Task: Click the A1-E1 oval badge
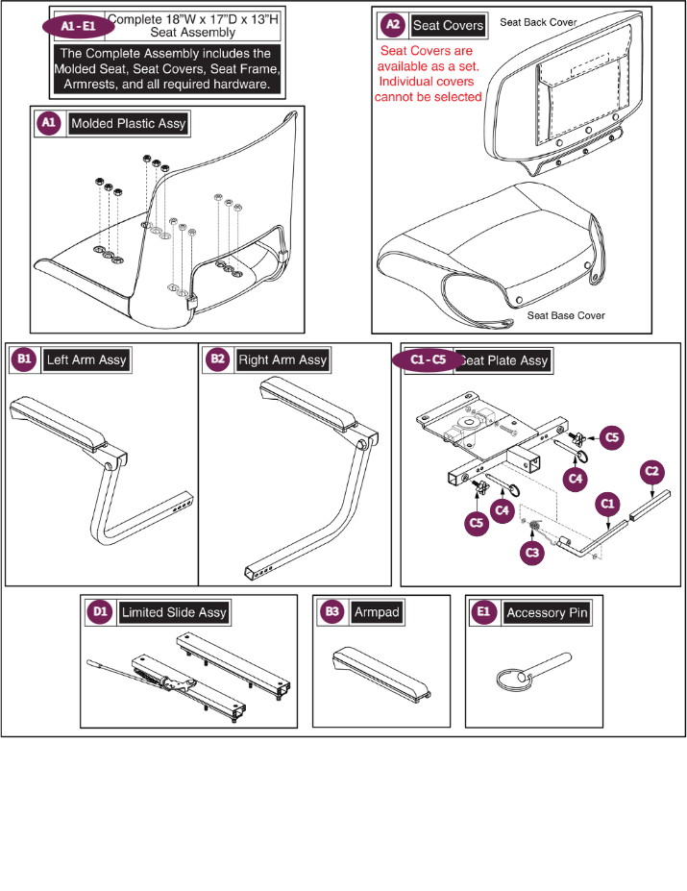[x=79, y=26]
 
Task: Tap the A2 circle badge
[x=393, y=24]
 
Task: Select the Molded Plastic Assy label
[x=129, y=123]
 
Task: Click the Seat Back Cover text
[x=538, y=22]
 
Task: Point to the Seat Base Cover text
[x=566, y=315]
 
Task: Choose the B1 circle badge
[x=24, y=359]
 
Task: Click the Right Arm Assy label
[x=282, y=359]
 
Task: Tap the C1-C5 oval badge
[x=429, y=359]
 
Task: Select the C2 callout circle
[x=651, y=471]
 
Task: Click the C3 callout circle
[x=532, y=553]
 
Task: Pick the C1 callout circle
[x=608, y=504]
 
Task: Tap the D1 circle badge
[x=100, y=611]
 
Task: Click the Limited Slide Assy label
[x=174, y=612]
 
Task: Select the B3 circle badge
[x=331, y=611]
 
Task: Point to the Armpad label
[x=377, y=612]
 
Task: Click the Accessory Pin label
[x=547, y=612]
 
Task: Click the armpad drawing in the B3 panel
[x=381, y=675]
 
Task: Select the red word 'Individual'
[x=427, y=82]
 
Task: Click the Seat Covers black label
[x=448, y=25]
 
